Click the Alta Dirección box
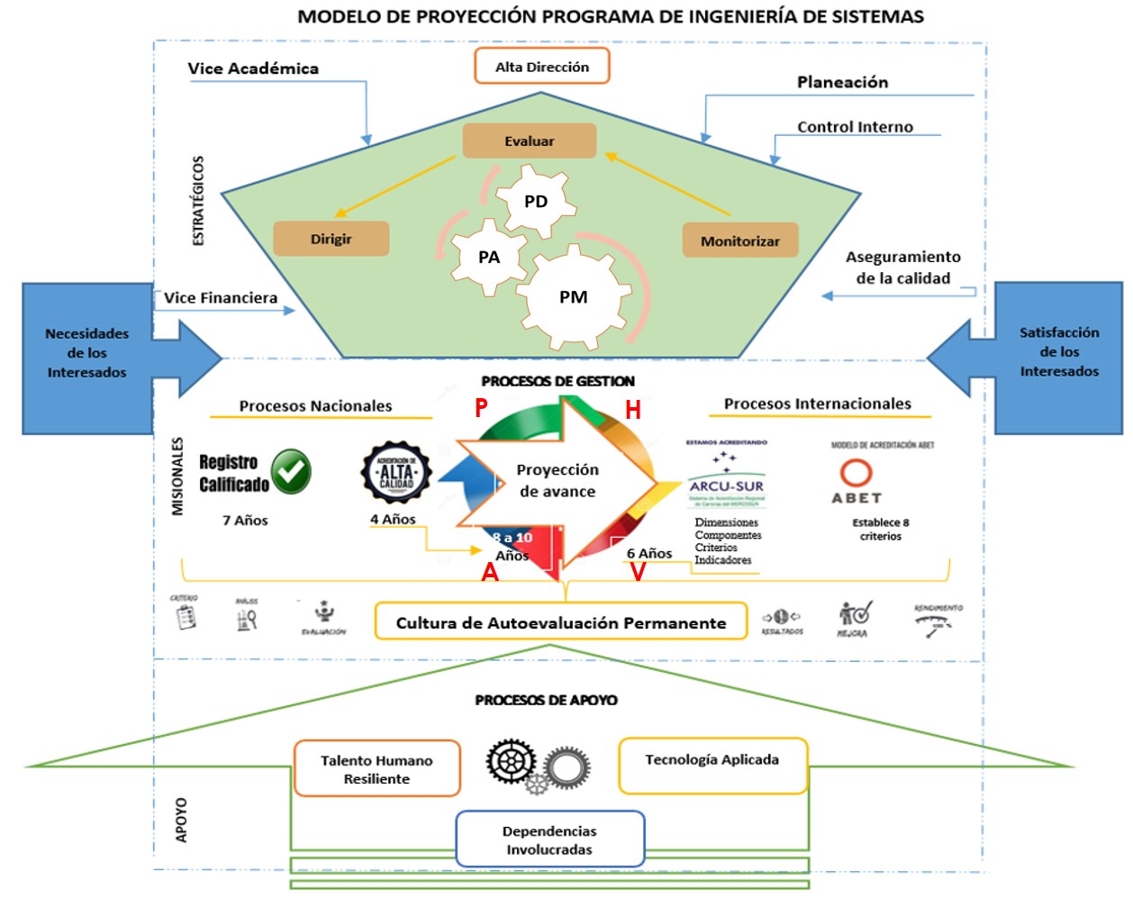[541, 67]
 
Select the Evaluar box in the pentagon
[530, 141]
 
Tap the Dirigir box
[331, 239]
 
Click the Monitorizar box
[740, 240]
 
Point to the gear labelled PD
[536, 201]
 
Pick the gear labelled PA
[489, 258]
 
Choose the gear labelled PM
[574, 297]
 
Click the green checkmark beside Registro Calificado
[291, 472]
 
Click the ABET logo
[856, 482]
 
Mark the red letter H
[633, 411]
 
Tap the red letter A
[490, 572]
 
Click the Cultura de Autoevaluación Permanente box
[560, 621]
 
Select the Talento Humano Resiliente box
[376, 768]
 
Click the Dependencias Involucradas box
[549, 839]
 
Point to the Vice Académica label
[253, 68]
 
